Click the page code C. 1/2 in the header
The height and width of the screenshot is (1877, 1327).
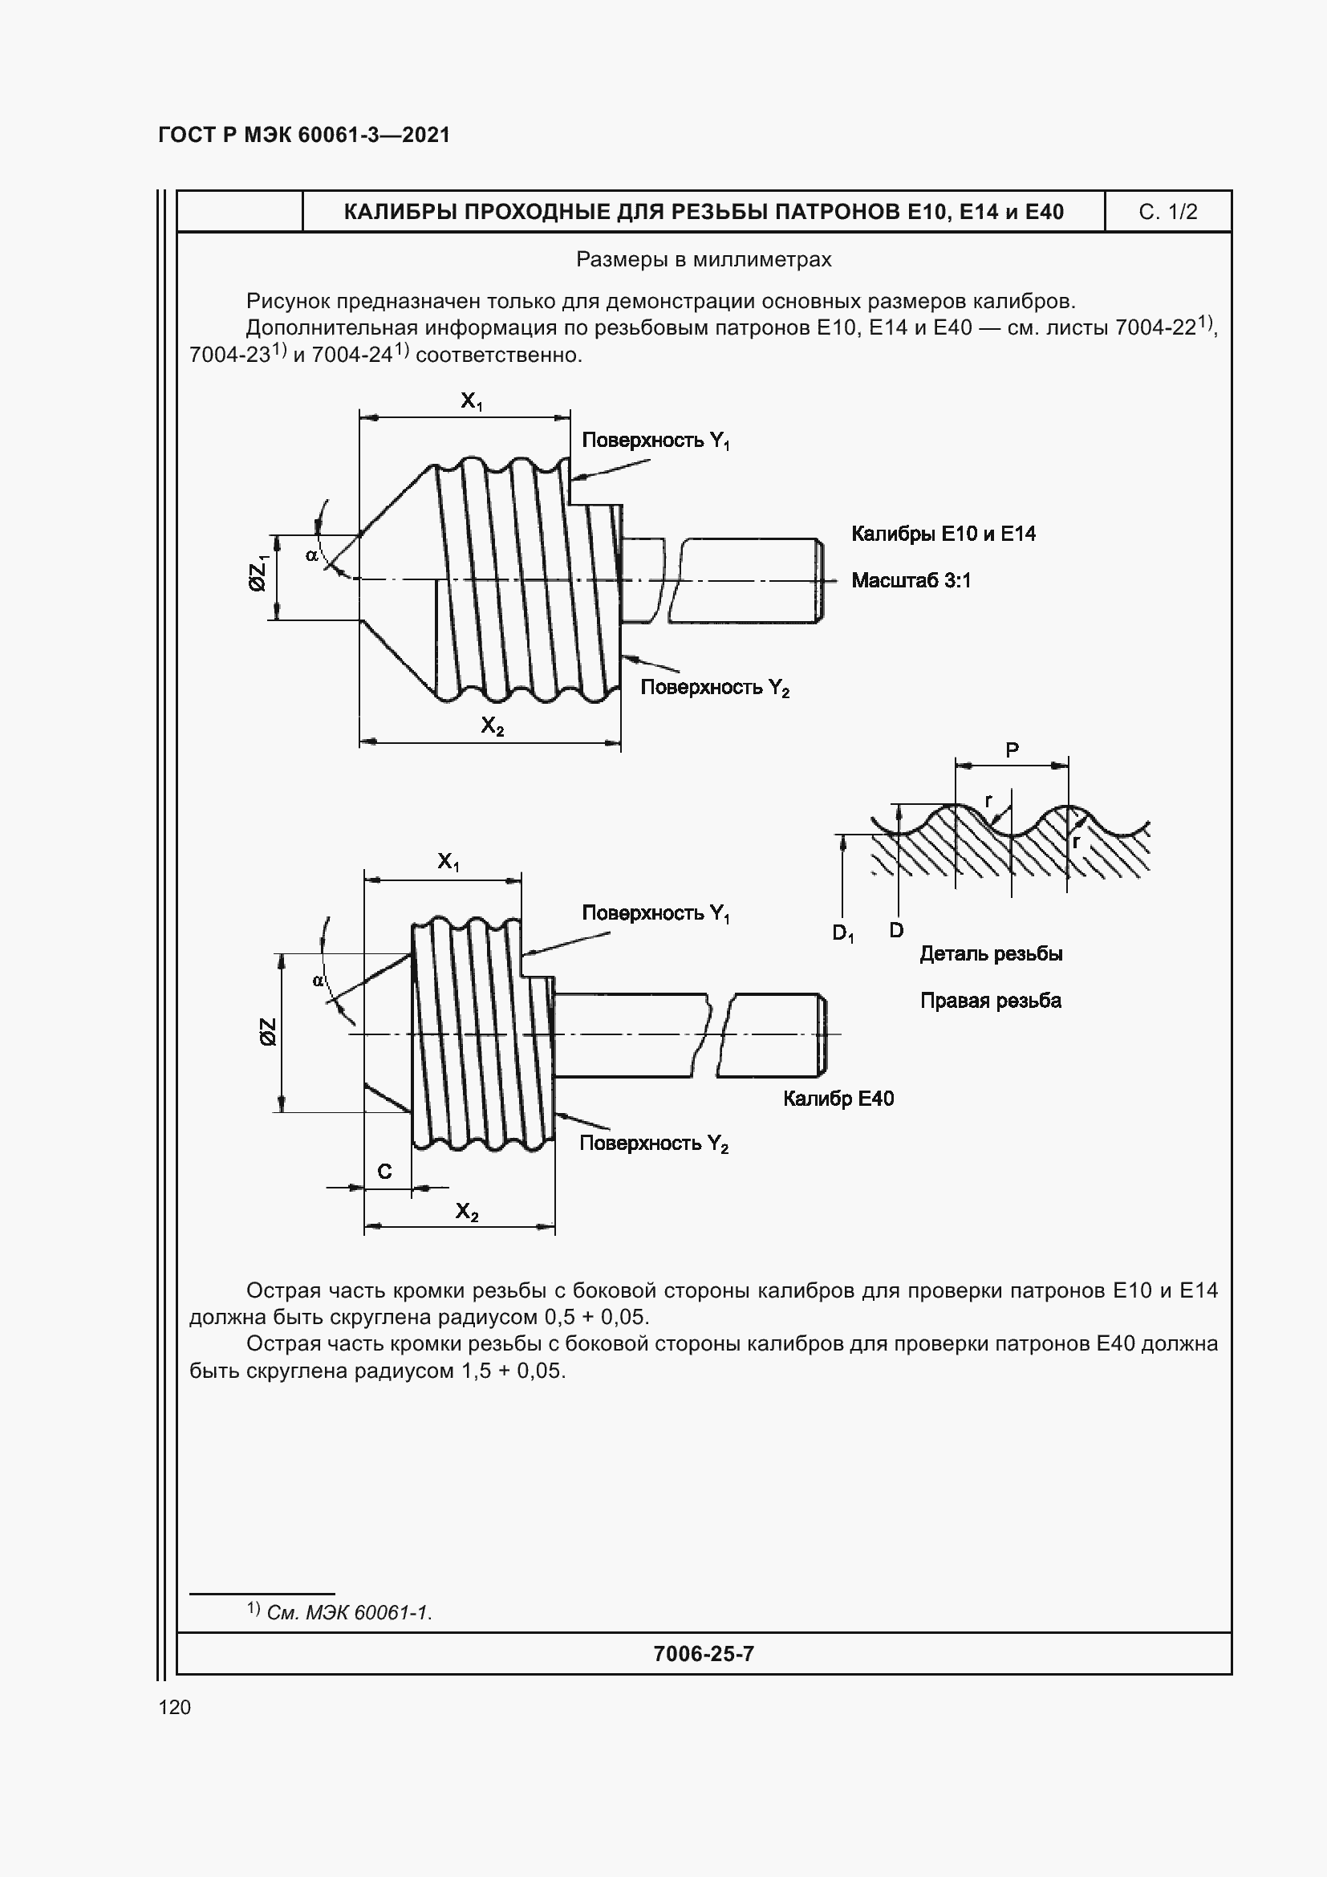click(x=1167, y=213)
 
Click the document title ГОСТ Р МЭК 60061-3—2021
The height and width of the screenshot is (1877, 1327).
click(x=304, y=135)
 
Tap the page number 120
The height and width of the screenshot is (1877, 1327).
click(x=174, y=1707)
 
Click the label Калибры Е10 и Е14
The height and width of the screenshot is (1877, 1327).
click(x=943, y=534)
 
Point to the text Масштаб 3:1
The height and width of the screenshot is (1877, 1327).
click(x=911, y=580)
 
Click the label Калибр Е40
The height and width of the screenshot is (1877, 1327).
click(x=838, y=1099)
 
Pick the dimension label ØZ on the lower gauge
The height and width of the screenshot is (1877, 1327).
click(x=268, y=1032)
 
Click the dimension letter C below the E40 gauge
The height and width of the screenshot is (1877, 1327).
click(x=384, y=1172)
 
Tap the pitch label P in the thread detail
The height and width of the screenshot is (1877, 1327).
click(x=1012, y=750)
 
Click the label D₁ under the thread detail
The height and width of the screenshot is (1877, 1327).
click(x=842, y=932)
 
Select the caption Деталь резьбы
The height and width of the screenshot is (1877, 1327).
click(x=990, y=954)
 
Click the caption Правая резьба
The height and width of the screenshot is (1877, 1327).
click(x=990, y=1001)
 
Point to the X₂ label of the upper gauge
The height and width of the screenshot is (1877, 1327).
click(x=492, y=726)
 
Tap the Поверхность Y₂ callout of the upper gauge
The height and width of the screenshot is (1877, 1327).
click(x=714, y=688)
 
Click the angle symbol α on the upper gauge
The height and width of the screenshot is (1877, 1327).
click(x=311, y=556)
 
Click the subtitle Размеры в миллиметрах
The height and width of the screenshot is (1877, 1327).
click(x=704, y=260)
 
